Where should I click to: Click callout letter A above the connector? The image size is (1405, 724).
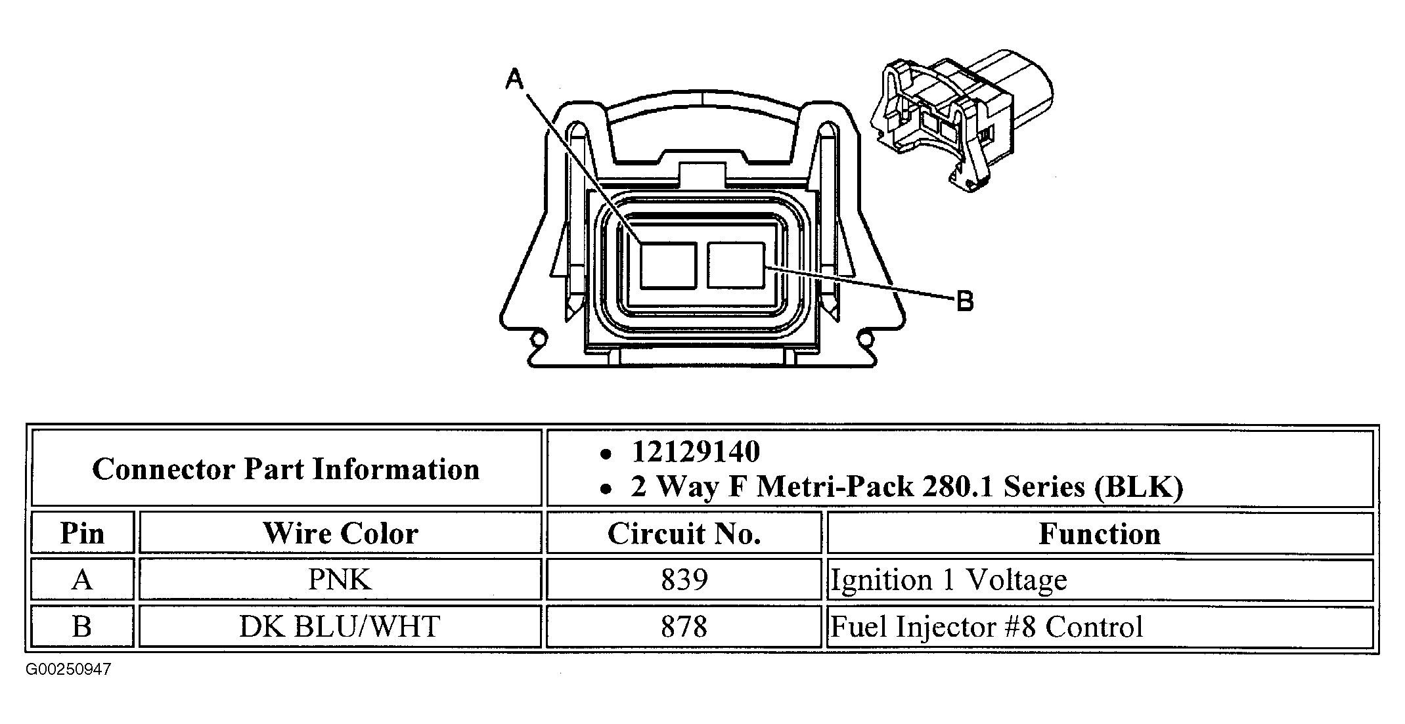click(515, 79)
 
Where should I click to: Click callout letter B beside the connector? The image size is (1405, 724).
click(964, 301)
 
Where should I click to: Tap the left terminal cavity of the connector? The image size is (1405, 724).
click(669, 265)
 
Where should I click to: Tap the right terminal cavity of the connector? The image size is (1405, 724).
click(736, 265)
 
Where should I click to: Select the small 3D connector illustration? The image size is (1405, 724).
click(960, 121)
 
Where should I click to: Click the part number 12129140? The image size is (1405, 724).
click(696, 452)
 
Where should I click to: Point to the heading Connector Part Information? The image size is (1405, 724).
click(286, 469)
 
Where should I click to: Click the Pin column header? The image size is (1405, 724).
click(82, 533)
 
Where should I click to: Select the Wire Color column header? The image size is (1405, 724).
click(340, 533)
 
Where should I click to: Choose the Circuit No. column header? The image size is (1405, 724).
click(684, 534)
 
